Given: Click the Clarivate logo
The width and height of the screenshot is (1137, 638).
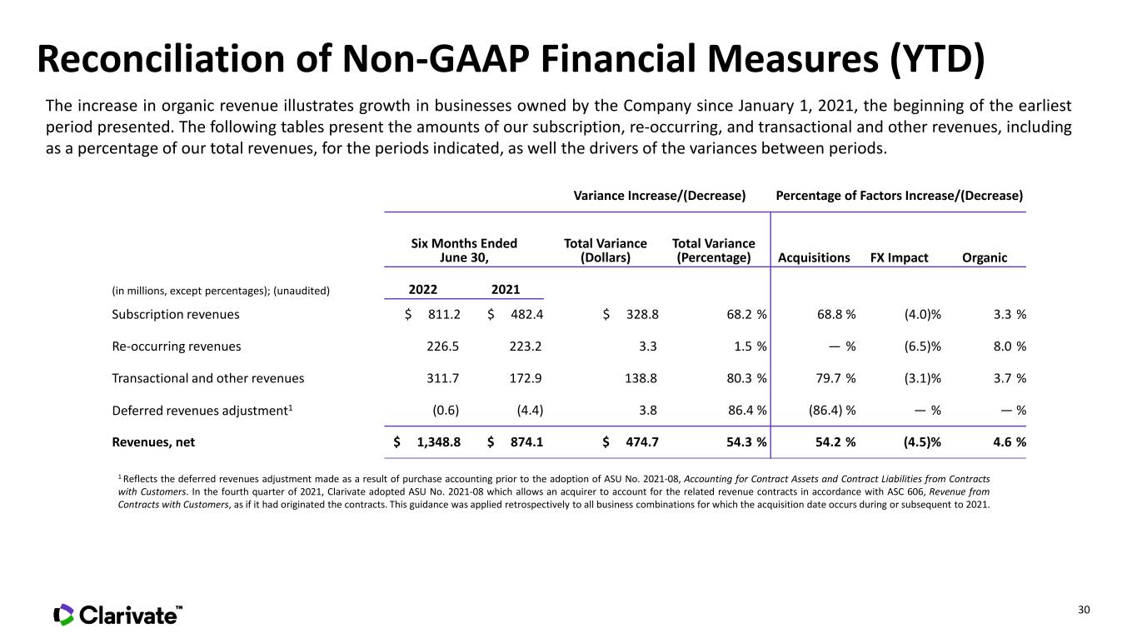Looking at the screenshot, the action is pyautogui.click(x=117, y=615).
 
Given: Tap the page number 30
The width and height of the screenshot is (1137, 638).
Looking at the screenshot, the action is pyautogui.click(x=1084, y=610).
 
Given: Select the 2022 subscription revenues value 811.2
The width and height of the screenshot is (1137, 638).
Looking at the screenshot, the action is pyautogui.click(x=444, y=315).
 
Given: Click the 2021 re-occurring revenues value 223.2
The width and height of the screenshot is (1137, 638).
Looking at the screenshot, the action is pyautogui.click(x=526, y=346).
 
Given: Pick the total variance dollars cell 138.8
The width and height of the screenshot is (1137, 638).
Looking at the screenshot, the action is pyautogui.click(x=641, y=379).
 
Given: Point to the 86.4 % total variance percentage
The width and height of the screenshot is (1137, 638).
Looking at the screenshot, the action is pyautogui.click(x=747, y=410).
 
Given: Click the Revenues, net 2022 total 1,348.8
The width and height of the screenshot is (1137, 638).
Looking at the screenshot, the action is pyautogui.click(x=438, y=442).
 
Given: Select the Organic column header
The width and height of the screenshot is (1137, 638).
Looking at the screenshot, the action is pyautogui.click(x=985, y=258).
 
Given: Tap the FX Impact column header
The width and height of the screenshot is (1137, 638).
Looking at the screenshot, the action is pyautogui.click(x=899, y=258).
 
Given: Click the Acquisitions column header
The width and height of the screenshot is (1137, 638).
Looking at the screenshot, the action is pyautogui.click(x=814, y=258).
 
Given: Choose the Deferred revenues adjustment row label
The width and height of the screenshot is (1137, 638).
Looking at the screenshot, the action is pyautogui.click(x=202, y=410).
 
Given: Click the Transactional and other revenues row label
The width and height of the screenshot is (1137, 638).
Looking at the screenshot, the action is pyautogui.click(x=207, y=379).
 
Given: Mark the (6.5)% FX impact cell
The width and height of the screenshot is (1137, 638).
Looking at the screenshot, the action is pyautogui.click(x=922, y=346).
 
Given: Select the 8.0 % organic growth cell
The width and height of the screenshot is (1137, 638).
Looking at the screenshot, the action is pyautogui.click(x=1010, y=346).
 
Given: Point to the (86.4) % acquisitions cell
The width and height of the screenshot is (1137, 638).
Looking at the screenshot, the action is pyautogui.click(x=832, y=410).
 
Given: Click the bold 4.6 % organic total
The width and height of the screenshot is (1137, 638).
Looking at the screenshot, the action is pyautogui.click(x=1010, y=442).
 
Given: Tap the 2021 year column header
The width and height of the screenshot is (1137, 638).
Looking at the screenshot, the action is pyautogui.click(x=506, y=289).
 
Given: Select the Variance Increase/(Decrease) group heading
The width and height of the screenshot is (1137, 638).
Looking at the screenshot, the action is pyautogui.click(x=660, y=196).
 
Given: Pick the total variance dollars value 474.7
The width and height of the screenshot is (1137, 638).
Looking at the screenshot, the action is pyautogui.click(x=641, y=442).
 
